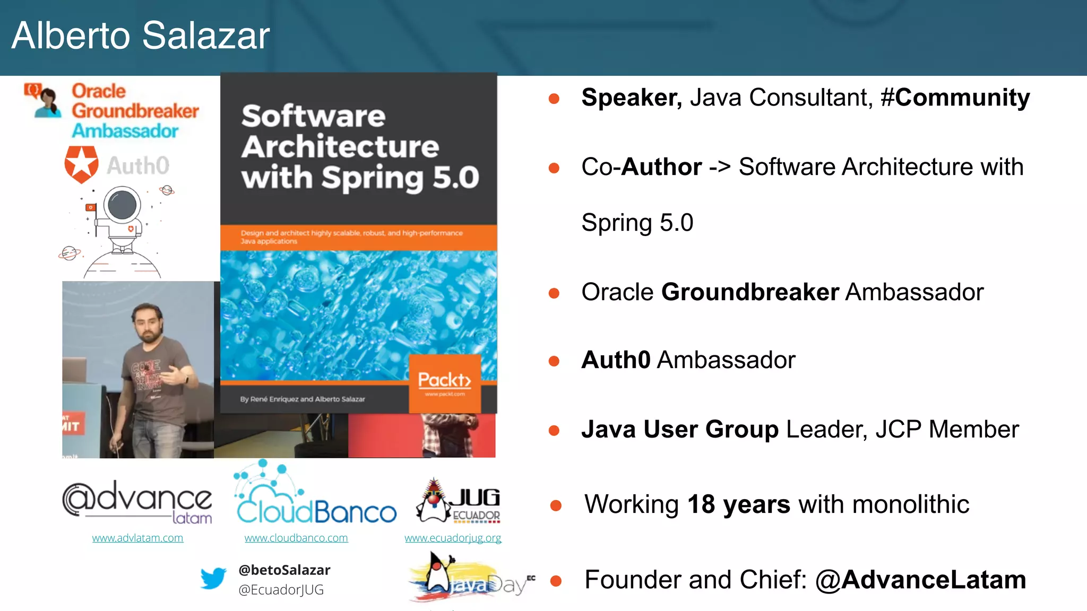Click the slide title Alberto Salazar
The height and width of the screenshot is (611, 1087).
(x=141, y=36)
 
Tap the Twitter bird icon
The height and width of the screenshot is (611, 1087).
(x=213, y=578)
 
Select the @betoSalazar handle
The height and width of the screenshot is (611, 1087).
(x=284, y=570)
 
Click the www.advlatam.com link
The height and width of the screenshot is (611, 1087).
(x=137, y=538)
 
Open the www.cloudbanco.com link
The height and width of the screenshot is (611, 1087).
(x=296, y=538)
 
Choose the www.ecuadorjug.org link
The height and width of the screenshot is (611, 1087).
(x=453, y=538)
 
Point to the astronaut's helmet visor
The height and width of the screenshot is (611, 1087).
(x=123, y=204)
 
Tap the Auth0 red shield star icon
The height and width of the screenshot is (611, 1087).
(x=81, y=164)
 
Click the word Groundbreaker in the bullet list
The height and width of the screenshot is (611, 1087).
(x=750, y=292)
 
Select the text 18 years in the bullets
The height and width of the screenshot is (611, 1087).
(x=738, y=504)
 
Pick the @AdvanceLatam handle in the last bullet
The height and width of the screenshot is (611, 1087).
(x=920, y=580)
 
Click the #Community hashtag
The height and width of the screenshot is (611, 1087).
(x=955, y=98)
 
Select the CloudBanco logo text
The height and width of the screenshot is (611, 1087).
(x=316, y=512)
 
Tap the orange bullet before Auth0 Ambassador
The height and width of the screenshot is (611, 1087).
(x=554, y=361)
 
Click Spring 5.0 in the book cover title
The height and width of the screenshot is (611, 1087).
(x=400, y=177)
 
